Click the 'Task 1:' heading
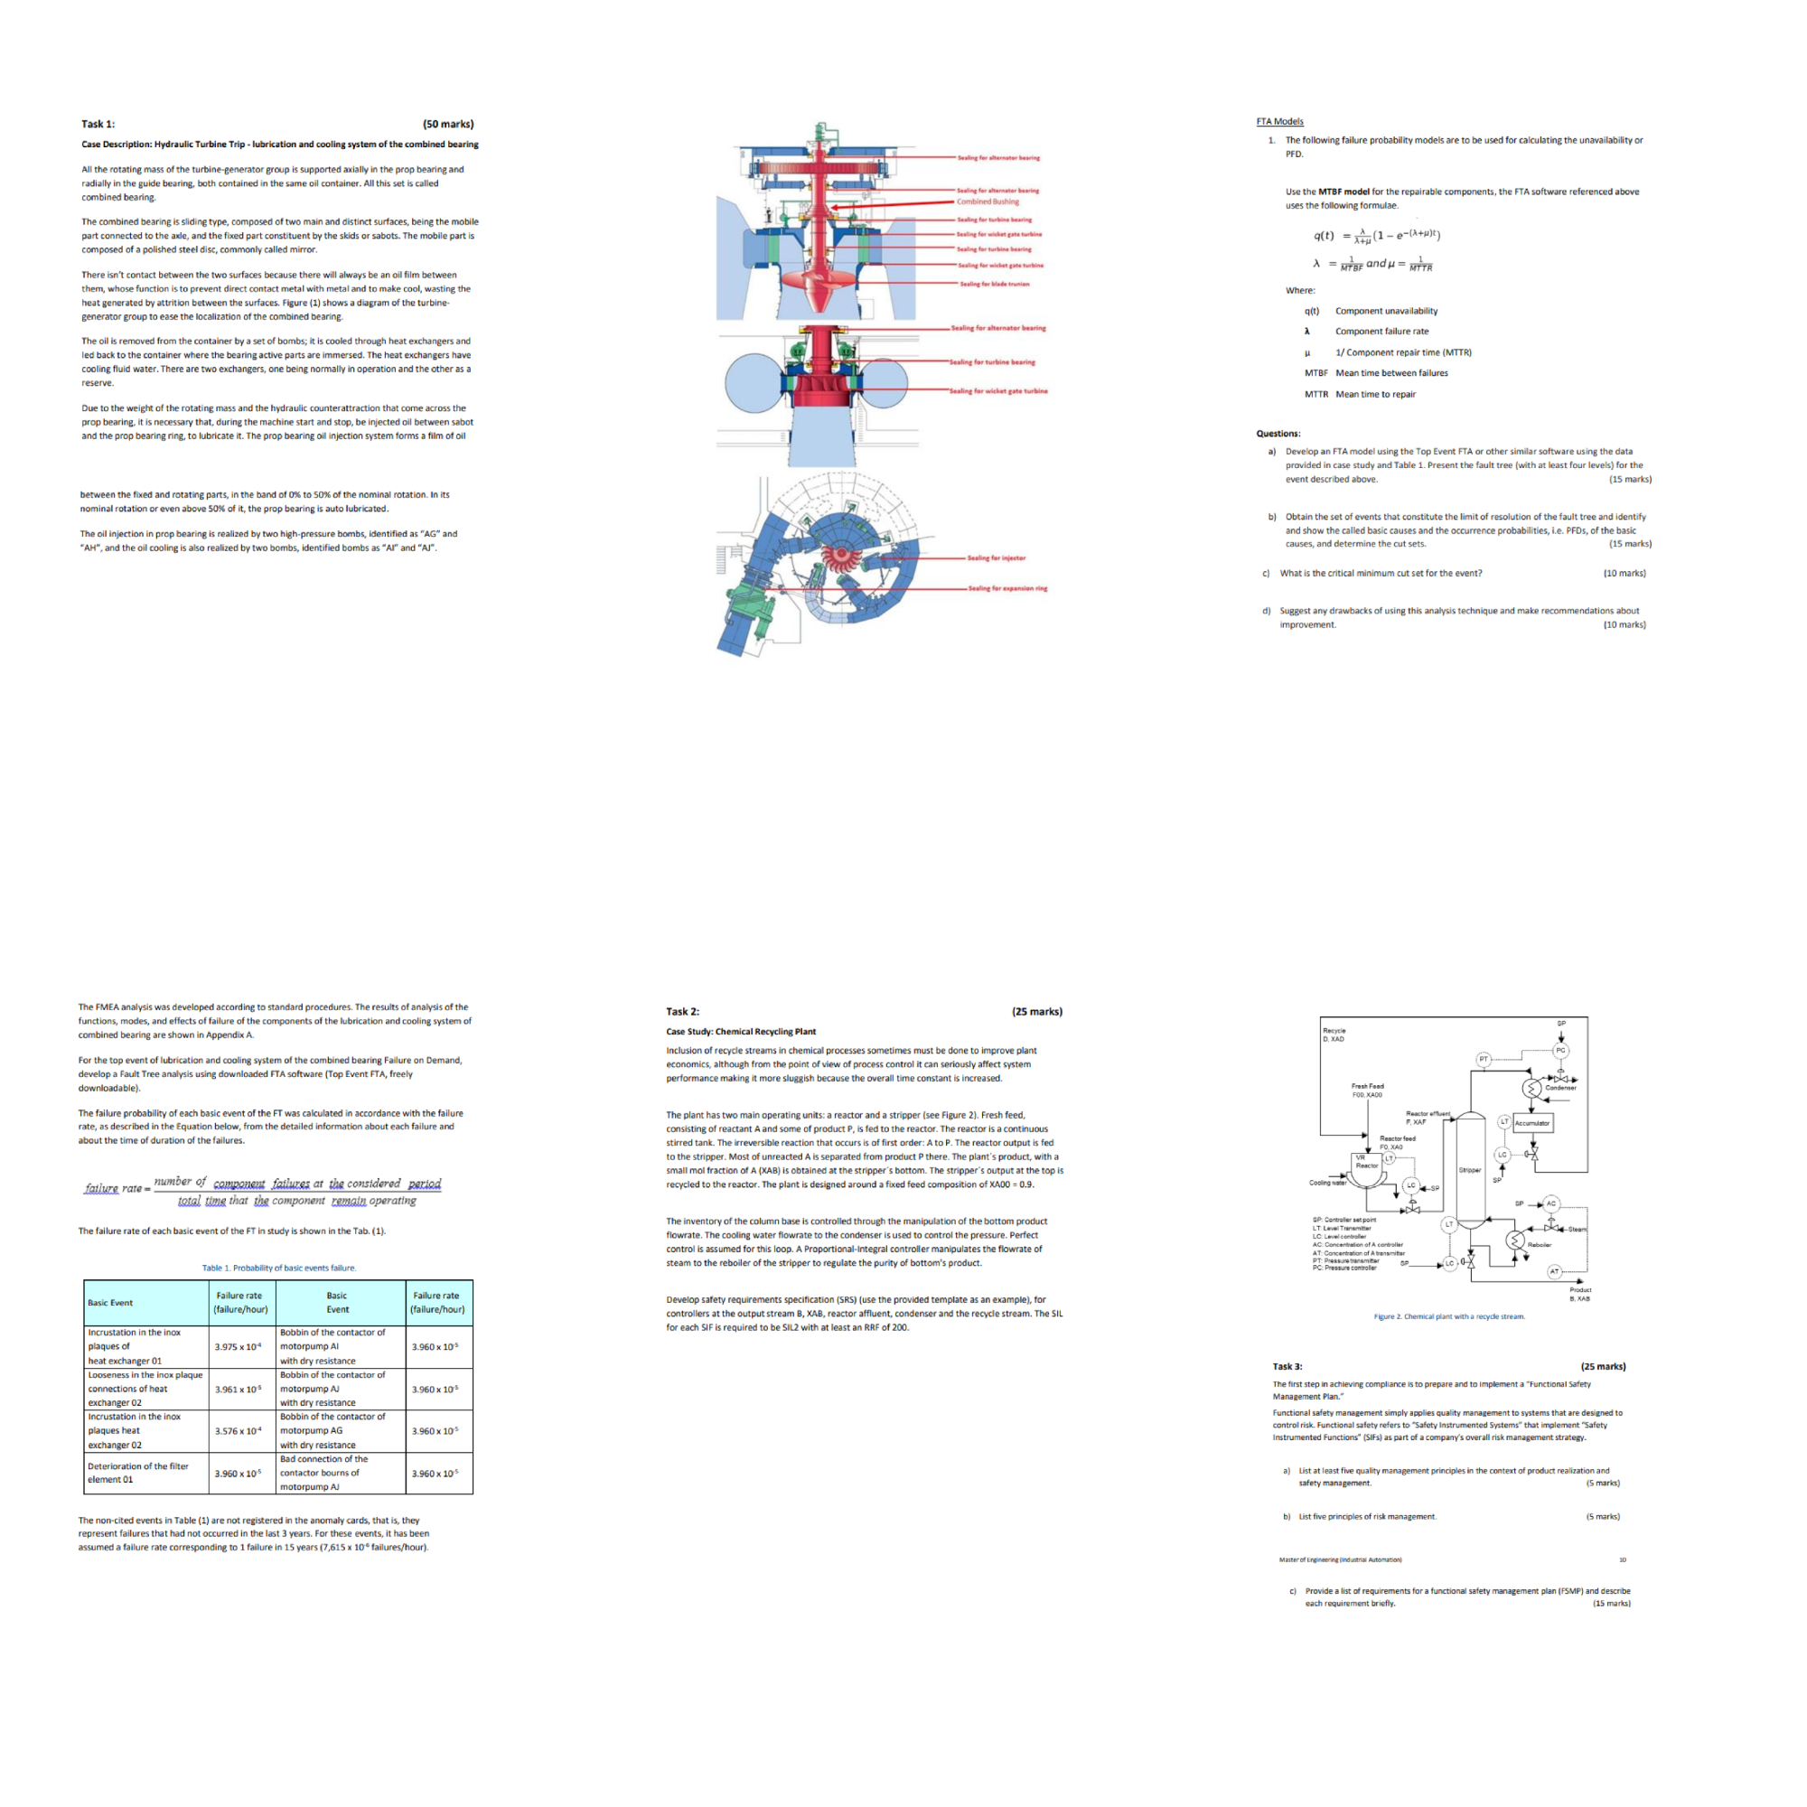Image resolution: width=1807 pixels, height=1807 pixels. click(x=98, y=124)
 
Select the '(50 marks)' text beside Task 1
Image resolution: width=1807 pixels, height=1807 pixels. click(x=448, y=124)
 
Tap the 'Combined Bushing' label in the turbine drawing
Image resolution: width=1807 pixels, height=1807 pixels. click(x=988, y=201)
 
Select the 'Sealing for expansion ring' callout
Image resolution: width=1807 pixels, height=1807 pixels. click(x=1007, y=588)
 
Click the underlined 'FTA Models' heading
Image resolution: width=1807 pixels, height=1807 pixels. click(x=1279, y=122)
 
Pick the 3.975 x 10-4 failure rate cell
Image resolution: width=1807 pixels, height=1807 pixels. click(x=239, y=1346)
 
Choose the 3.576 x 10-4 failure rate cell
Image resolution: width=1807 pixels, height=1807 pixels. click(x=239, y=1430)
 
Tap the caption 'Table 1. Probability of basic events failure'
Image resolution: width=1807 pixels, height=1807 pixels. click(x=278, y=1268)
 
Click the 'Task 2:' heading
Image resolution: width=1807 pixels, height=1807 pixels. click(x=682, y=1011)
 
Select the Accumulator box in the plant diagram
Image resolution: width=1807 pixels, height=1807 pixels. click(x=1532, y=1122)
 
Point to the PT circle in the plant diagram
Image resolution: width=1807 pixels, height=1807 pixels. click(x=1484, y=1059)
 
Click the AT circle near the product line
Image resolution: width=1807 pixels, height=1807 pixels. click(x=1554, y=1271)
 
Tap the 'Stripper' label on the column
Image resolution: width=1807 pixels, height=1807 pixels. click(x=1469, y=1170)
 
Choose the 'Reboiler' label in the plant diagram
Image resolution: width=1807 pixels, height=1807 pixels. click(x=1540, y=1244)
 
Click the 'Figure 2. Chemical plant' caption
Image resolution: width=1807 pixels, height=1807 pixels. click(x=1449, y=1316)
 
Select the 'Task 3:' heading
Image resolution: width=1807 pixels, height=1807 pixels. click(x=1287, y=1366)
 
